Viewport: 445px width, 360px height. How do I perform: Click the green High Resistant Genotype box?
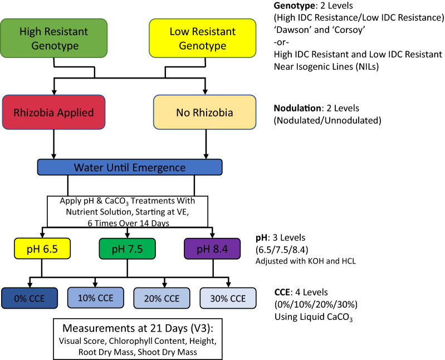(53, 38)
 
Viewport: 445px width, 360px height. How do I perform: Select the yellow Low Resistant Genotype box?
(202, 38)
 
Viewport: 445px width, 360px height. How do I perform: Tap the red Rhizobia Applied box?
(53, 112)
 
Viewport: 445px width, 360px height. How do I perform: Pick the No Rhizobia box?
(204, 112)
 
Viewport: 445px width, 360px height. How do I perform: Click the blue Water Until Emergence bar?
(130, 167)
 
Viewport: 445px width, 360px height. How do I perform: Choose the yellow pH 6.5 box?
(42, 249)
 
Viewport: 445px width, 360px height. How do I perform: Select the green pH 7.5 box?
(127, 249)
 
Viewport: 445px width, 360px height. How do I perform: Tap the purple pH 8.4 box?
(212, 249)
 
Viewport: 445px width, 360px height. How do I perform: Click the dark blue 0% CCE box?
(30, 298)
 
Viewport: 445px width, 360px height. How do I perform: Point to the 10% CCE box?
(96, 298)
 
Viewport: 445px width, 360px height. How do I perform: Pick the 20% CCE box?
(162, 298)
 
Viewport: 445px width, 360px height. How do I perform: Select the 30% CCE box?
(228, 298)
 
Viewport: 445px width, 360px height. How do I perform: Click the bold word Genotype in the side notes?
(294, 6)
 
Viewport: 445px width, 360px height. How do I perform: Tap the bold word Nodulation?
(297, 108)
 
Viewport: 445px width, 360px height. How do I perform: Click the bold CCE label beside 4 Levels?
(282, 292)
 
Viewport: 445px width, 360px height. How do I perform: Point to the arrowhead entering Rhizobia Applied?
(54, 93)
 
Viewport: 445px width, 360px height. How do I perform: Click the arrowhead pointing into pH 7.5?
(127, 235)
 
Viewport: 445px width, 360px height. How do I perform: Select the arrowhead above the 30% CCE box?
(228, 284)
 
